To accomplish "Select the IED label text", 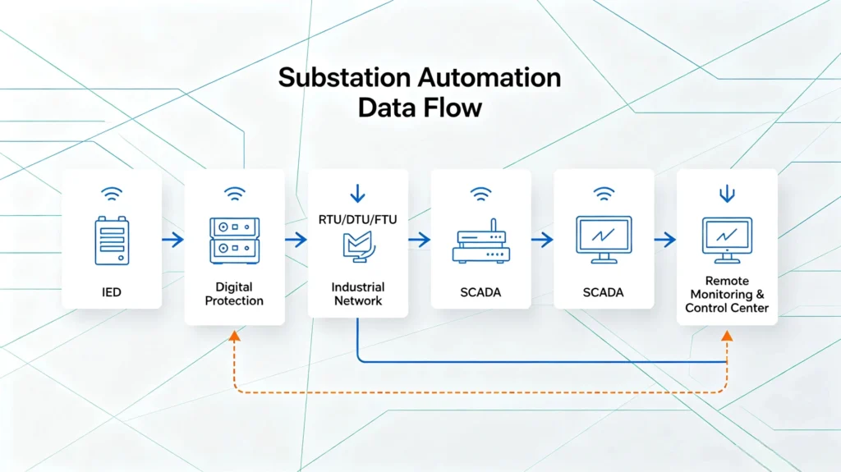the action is pos(112,292).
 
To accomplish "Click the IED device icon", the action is pos(112,241).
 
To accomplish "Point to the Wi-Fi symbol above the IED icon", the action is pos(112,194).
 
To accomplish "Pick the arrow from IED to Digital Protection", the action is pos(172,240).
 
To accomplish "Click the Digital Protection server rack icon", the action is pos(234,241).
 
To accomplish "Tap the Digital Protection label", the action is pos(234,294).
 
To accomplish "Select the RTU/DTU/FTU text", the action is pos(358,219).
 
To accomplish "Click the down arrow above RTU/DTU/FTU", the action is pos(358,193).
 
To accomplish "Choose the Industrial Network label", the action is pos(358,294).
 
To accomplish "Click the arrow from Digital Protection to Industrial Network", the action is pos(296,240).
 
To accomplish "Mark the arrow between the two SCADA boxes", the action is pos(542,240).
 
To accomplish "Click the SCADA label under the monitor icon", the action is pos(604,293).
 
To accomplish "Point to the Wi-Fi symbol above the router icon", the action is pos(480,194).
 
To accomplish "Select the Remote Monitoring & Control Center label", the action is pos(727,295).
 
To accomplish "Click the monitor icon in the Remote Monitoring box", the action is pos(727,241).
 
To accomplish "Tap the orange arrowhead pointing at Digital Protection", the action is pos(234,337).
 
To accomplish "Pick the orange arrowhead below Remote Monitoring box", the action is pos(727,337).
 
